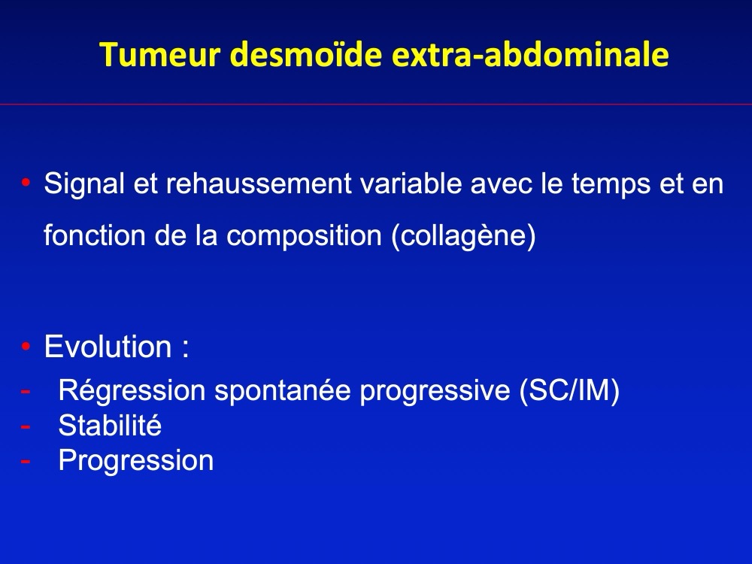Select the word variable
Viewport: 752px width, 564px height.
pos(411,183)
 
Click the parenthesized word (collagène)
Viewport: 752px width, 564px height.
pos(463,237)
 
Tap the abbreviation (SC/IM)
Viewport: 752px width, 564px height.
pos(569,390)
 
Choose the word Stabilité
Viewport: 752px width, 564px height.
pos(110,426)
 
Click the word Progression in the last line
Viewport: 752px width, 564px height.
pos(135,461)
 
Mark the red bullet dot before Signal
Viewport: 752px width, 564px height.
pos(26,183)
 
